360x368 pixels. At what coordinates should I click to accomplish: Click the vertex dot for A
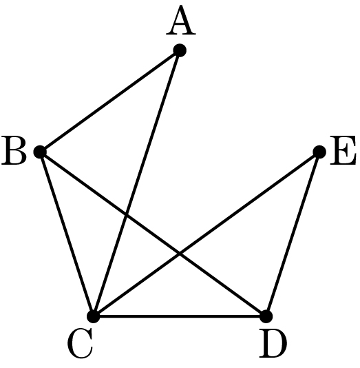tap(180, 50)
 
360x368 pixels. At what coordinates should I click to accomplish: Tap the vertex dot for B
tap(41, 152)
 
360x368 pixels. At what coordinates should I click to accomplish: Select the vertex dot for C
tap(94, 316)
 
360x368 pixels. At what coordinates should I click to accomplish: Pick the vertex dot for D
tap(266, 316)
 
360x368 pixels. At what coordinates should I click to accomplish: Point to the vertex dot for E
tap(319, 152)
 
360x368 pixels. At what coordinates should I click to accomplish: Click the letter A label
tap(181, 21)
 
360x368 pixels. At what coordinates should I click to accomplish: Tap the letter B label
tap(14, 151)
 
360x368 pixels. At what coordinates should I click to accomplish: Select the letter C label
tap(80, 344)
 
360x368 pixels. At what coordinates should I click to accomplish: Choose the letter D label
tap(273, 344)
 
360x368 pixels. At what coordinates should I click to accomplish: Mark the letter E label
tap(343, 151)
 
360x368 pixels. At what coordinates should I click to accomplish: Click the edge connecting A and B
tap(110, 101)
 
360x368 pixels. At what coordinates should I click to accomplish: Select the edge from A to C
tap(137, 183)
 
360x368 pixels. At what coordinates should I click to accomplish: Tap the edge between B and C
tap(67, 234)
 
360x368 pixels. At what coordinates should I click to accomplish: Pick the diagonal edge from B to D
tap(153, 234)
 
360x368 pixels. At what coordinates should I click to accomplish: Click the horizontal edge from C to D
tap(180, 316)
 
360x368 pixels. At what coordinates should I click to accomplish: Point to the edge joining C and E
tap(207, 234)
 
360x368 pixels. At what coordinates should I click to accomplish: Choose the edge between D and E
tap(293, 234)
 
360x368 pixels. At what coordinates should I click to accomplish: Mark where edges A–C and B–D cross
tap(127, 214)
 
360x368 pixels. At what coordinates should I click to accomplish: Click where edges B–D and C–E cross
tap(180, 254)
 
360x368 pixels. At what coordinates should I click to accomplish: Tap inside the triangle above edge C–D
tap(180, 295)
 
